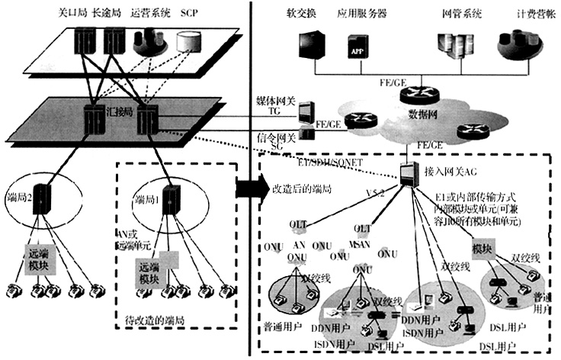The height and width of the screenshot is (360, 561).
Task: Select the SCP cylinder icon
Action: [187, 43]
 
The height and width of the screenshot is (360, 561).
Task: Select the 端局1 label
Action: [146, 200]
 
